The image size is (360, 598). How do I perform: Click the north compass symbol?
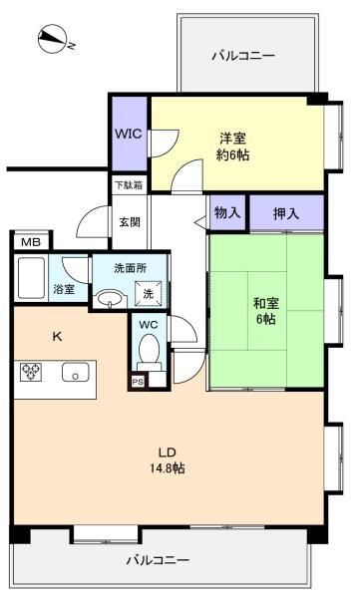[53, 39]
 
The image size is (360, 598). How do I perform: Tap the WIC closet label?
[129, 134]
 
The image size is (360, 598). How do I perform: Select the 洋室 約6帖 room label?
[233, 147]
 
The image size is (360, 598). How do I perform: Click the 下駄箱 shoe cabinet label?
[129, 185]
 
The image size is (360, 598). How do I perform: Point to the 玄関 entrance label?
[130, 222]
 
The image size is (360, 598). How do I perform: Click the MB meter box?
[31, 242]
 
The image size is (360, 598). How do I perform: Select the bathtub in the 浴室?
[31, 278]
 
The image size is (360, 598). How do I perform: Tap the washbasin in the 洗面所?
[111, 299]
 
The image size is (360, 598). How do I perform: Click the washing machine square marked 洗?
[149, 294]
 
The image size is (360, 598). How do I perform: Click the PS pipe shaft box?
[138, 381]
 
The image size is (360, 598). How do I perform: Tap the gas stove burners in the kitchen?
[31, 372]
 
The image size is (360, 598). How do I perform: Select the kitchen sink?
[75, 372]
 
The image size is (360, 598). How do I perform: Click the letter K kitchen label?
[57, 337]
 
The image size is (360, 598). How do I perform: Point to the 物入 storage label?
[227, 213]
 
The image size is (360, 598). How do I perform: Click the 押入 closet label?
[286, 213]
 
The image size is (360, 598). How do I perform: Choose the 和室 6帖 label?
[266, 311]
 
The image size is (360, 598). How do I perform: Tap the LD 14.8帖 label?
[168, 459]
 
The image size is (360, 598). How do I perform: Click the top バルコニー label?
[243, 56]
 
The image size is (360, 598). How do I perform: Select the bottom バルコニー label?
[158, 560]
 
